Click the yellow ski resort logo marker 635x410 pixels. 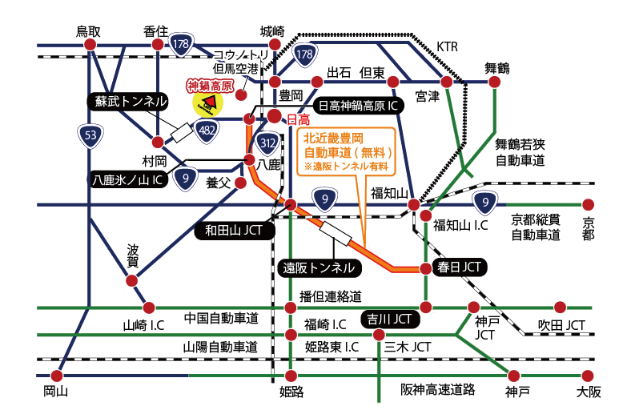(x=207, y=102)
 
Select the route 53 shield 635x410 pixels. (x=90, y=136)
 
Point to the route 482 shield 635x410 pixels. (x=207, y=131)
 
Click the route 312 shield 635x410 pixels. (x=270, y=143)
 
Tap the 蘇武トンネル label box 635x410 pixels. (x=128, y=101)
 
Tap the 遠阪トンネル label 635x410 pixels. (x=319, y=267)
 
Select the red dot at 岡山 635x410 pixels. (x=56, y=375)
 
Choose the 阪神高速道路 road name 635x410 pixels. (x=438, y=389)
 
